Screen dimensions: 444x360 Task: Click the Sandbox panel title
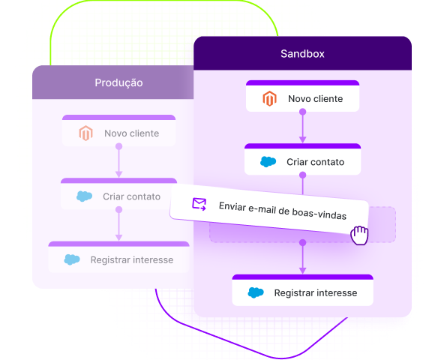pyautogui.click(x=302, y=53)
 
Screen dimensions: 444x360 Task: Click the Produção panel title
pyautogui.click(x=118, y=82)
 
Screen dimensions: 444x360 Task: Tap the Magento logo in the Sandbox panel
pyautogui.click(x=269, y=98)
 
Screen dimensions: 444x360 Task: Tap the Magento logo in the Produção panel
pyautogui.click(x=85, y=133)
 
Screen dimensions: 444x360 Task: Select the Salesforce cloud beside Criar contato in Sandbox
pyautogui.click(x=268, y=162)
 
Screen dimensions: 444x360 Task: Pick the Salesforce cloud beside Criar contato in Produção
pyautogui.click(x=85, y=196)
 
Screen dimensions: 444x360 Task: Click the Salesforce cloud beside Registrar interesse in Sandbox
pyautogui.click(x=256, y=292)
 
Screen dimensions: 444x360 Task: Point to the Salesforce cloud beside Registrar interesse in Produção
pyautogui.click(x=72, y=259)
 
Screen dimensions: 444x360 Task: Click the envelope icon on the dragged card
pyautogui.click(x=199, y=204)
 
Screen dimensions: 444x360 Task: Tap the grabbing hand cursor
pyautogui.click(x=359, y=235)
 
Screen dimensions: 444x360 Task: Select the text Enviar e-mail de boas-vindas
pyautogui.click(x=283, y=211)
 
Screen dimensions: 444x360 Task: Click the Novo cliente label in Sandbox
pyautogui.click(x=316, y=98)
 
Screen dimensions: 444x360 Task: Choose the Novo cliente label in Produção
pyautogui.click(x=132, y=133)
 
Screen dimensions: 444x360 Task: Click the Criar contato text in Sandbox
pyautogui.click(x=316, y=162)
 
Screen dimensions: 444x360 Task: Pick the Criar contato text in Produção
pyautogui.click(x=132, y=196)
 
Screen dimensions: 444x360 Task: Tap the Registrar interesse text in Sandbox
pyautogui.click(x=316, y=292)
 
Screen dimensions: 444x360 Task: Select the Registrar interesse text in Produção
pyautogui.click(x=132, y=259)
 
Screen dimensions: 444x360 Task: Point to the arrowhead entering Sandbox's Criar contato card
pyautogui.click(x=303, y=140)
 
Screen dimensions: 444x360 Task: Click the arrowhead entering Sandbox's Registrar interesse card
pyautogui.click(x=303, y=271)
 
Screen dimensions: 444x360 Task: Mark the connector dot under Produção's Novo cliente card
pyautogui.click(x=119, y=146)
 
